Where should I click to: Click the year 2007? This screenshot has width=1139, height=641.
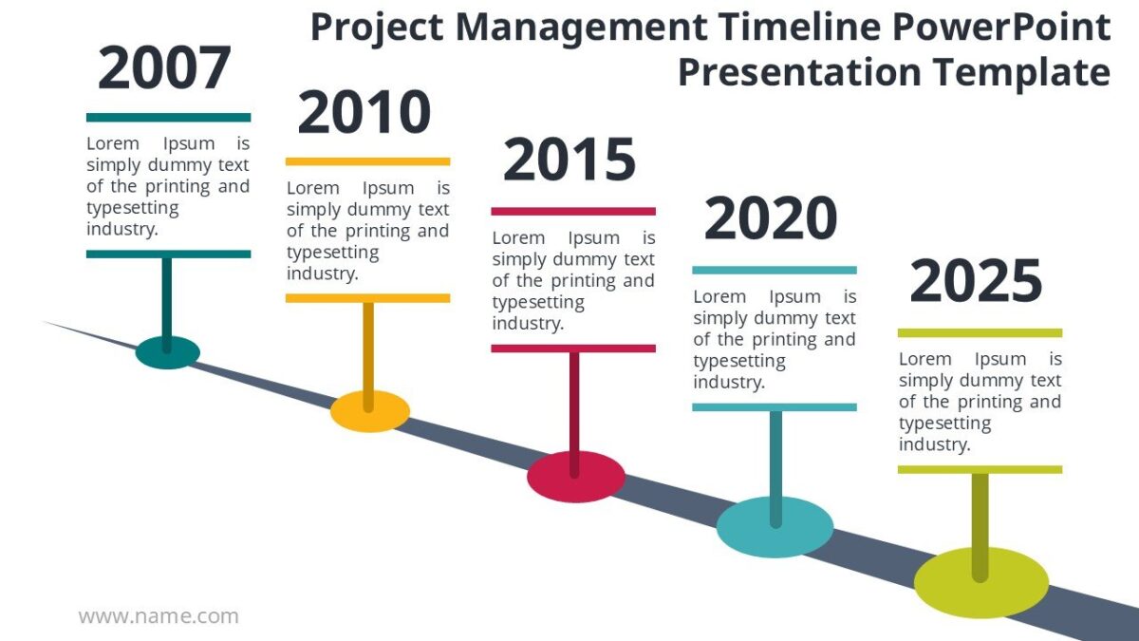coord(164,69)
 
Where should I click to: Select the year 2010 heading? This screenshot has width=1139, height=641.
coord(364,113)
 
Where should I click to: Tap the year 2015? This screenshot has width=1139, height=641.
coord(569,160)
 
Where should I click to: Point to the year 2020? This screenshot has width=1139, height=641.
coord(771,219)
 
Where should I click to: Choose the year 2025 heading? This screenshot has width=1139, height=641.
coord(976,282)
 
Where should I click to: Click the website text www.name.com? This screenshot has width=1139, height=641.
coord(159,616)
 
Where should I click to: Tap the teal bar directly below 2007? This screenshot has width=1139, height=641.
coord(168,118)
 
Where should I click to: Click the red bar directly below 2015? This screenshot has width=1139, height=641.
coord(573,211)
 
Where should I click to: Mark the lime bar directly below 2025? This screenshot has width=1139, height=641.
coord(980,333)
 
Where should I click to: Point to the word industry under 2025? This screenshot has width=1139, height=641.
coord(934,444)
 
